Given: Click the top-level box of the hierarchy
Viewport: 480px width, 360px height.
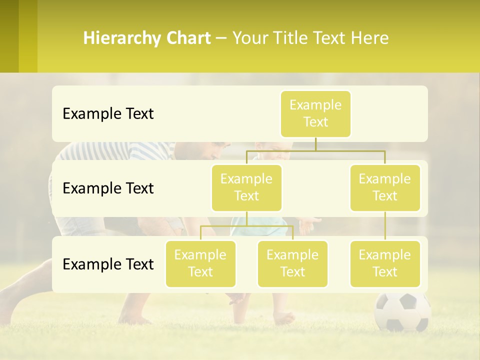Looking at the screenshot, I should pyautogui.click(x=315, y=114).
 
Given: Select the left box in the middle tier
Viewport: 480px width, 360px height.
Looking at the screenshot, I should pyautogui.click(x=246, y=187).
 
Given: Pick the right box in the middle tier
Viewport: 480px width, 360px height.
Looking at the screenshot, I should pyautogui.click(x=385, y=187).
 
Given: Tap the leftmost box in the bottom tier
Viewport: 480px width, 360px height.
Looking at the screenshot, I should pyautogui.click(x=200, y=263).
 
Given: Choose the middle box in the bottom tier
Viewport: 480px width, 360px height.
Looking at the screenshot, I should pyautogui.click(x=292, y=263).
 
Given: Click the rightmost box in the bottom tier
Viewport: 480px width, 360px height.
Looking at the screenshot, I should pyautogui.click(x=385, y=263).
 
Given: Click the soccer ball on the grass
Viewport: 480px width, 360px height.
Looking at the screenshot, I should pyautogui.click(x=402, y=311).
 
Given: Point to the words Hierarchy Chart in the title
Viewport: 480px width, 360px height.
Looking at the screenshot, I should pyautogui.click(x=147, y=38).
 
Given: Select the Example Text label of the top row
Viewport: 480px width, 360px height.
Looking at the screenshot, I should pyautogui.click(x=108, y=114).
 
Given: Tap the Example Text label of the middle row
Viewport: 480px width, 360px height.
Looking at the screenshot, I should pyautogui.click(x=108, y=188).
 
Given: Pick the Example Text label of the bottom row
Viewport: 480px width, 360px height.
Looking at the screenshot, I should pyautogui.click(x=108, y=264).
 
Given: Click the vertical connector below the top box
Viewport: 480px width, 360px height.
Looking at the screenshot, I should pyautogui.click(x=315, y=144).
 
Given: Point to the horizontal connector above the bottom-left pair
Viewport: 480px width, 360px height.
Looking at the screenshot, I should pyautogui.click(x=246, y=226).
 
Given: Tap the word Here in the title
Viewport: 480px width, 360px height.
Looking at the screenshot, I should pyautogui.click(x=370, y=38).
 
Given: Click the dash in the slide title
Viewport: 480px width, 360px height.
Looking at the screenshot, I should pyautogui.click(x=221, y=38).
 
